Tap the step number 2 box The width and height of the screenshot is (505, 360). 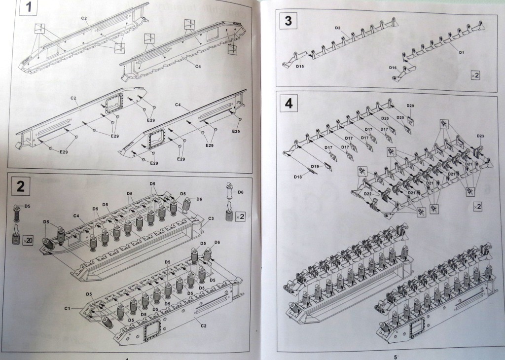[20, 186]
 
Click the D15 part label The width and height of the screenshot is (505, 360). [299, 66]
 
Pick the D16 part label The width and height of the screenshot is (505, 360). [393, 68]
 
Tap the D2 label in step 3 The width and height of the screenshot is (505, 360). [338, 28]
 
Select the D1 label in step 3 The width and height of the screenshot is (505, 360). [462, 52]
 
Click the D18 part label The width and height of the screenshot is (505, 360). [297, 176]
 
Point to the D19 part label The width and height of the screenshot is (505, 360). [315, 166]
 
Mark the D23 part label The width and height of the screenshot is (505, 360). [480, 136]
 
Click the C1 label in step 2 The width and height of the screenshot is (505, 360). [68, 308]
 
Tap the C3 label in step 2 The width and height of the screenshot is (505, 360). [211, 218]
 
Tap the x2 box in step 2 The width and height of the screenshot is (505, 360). [241, 216]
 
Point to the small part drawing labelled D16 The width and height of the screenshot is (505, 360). [405, 71]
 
